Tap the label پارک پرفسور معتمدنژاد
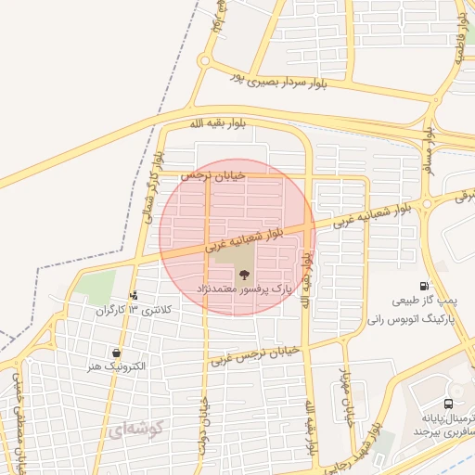coord(244,290)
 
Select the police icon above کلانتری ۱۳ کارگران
coord(135,296)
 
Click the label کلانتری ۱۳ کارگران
coord(123,309)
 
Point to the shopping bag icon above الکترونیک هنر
coord(115,353)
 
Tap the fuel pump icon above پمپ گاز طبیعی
coord(424,287)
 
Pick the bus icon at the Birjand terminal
coord(449,404)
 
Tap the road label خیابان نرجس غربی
coord(257,353)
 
